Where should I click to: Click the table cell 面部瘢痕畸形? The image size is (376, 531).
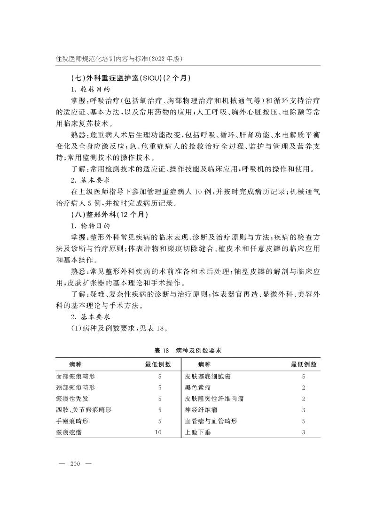(75, 376)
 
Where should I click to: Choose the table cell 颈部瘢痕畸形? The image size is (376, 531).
(75, 387)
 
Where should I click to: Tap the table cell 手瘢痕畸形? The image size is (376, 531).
(72, 421)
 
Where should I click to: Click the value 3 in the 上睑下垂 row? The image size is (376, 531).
(304, 432)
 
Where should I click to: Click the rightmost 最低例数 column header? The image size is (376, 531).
(304, 364)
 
